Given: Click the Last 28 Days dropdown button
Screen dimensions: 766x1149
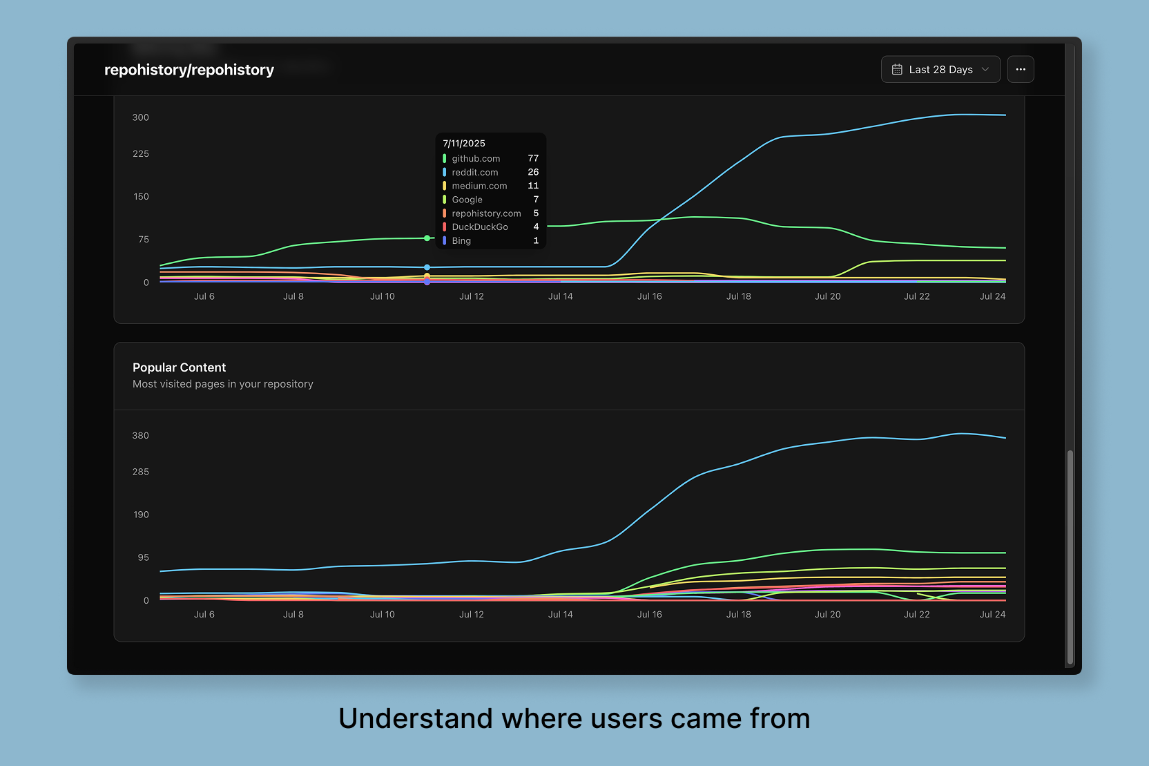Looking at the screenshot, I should pyautogui.click(x=940, y=70).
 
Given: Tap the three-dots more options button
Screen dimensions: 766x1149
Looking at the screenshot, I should pyautogui.click(x=1020, y=70).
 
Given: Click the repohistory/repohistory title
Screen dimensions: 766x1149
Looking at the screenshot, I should pyautogui.click(x=189, y=70).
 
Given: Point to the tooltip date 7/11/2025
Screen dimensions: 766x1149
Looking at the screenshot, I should pyautogui.click(x=464, y=144).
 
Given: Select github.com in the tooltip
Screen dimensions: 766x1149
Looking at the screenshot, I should pyautogui.click(x=476, y=159).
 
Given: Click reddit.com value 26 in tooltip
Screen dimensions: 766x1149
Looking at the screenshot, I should pyautogui.click(x=533, y=172).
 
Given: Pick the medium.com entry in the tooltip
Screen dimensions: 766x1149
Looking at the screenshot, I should pyautogui.click(x=479, y=186).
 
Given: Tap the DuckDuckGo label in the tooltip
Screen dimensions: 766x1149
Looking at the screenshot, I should pyautogui.click(x=480, y=227).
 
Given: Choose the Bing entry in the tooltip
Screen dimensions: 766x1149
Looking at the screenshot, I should pyautogui.click(x=461, y=241).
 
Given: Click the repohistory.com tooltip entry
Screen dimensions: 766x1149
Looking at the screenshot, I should pyautogui.click(x=486, y=213).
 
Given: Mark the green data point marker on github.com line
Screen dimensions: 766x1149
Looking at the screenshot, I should pyautogui.click(x=427, y=238).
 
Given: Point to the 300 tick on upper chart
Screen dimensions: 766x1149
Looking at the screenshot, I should pyautogui.click(x=141, y=117).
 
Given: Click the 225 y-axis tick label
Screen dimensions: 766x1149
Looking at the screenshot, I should pyautogui.click(x=141, y=154).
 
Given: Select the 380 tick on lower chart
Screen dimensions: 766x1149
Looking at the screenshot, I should pyautogui.click(x=141, y=436).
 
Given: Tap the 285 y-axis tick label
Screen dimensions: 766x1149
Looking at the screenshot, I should pyautogui.click(x=141, y=472).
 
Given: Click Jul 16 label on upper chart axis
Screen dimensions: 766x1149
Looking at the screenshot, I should pyautogui.click(x=649, y=296).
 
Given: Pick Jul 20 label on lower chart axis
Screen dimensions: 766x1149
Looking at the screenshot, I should pyautogui.click(x=827, y=615).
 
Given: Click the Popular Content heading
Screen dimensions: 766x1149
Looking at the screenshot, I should pyautogui.click(x=179, y=367).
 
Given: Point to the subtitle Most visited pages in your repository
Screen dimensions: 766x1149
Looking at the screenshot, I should pyautogui.click(x=222, y=384).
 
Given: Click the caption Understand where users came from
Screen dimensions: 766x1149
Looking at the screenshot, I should pyautogui.click(x=574, y=718).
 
